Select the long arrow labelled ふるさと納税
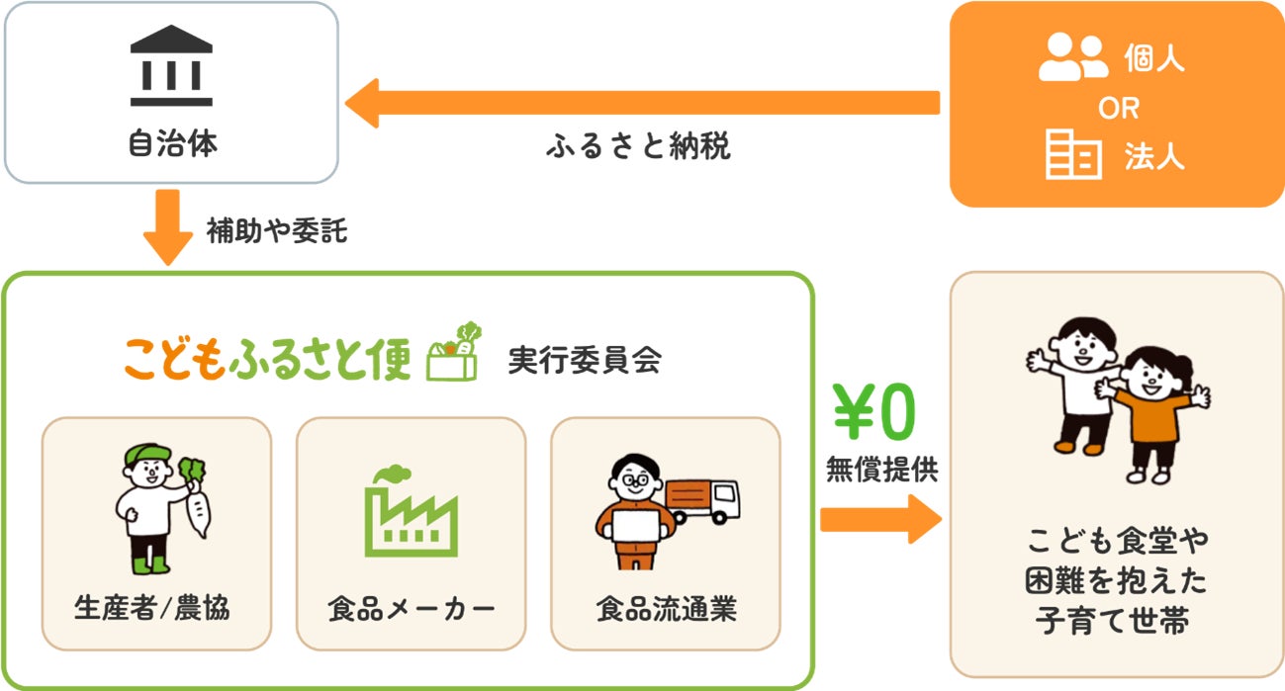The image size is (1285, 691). pyautogui.click(x=643, y=103)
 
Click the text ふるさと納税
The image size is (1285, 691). pyautogui.click(x=638, y=148)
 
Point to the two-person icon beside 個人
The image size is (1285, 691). pyautogui.click(x=1073, y=57)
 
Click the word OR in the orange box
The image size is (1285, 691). pyautogui.click(x=1118, y=108)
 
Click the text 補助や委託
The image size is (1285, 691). pyautogui.click(x=277, y=231)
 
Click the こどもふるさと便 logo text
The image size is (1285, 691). pyautogui.click(x=267, y=358)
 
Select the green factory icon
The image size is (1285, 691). pyautogui.click(x=410, y=511)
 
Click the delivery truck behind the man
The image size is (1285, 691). pyautogui.click(x=704, y=500)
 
